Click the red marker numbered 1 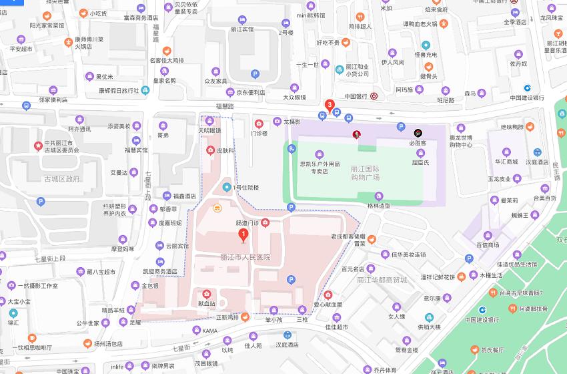tap(243, 234)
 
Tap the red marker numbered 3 tap(329, 105)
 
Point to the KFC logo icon tap(357, 134)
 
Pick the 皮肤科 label tap(225, 152)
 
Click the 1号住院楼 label tap(245, 188)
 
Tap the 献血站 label tap(205, 303)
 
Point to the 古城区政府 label tap(62, 179)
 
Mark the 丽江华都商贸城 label tap(381, 280)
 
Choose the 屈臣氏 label tap(420, 162)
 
